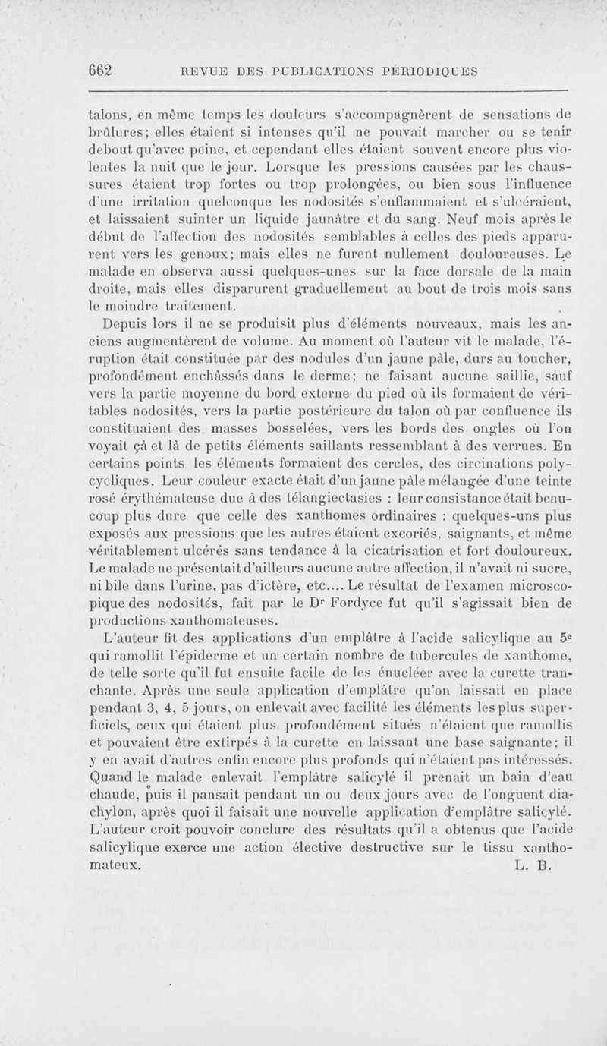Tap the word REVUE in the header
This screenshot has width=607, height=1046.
[203, 71]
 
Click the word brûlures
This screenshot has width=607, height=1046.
[116, 132]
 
